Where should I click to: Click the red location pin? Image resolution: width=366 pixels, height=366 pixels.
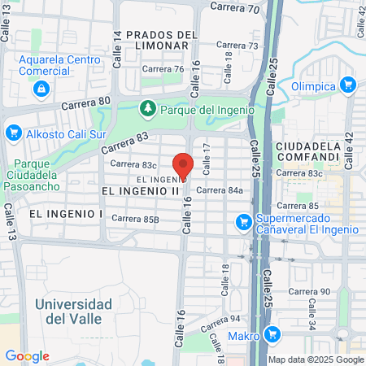point(183,165)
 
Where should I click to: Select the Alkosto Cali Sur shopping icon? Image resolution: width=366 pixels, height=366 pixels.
point(13,132)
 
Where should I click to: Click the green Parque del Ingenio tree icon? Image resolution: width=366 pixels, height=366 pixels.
point(147,108)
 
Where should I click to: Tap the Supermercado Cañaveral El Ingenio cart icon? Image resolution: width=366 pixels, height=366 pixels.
point(242,221)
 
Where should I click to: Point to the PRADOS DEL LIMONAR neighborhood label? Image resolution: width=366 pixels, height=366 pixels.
point(163,40)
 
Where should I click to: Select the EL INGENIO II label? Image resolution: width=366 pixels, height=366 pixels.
point(140,190)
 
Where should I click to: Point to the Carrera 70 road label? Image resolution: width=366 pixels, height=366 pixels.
point(234,8)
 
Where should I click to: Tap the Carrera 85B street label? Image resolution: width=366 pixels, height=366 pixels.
point(135,218)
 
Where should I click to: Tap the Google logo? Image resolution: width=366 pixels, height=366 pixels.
point(27,356)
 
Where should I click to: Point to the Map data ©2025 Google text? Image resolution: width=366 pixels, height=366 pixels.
point(316,359)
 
